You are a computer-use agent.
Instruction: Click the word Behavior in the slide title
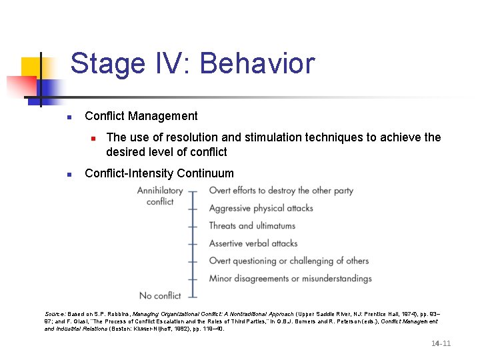pos(257,64)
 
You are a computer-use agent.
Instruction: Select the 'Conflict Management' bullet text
pos(141,116)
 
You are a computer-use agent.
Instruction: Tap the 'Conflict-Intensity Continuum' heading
pos(159,173)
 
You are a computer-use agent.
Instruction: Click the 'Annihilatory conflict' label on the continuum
pos(160,196)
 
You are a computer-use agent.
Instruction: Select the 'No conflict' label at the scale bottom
pos(160,295)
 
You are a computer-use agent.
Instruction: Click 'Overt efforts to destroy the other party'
pos(281,191)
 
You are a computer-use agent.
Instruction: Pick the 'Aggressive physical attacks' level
pos(261,208)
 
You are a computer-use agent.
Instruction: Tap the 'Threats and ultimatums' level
pos(252,226)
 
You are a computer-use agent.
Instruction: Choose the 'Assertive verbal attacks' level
pos(253,243)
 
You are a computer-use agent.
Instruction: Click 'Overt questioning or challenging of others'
pos(289,261)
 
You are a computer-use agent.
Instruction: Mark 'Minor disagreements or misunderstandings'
pos(290,278)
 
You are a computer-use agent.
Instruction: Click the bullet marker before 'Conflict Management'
pos(69,117)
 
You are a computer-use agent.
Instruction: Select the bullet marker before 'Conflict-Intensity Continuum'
pos(69,174)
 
